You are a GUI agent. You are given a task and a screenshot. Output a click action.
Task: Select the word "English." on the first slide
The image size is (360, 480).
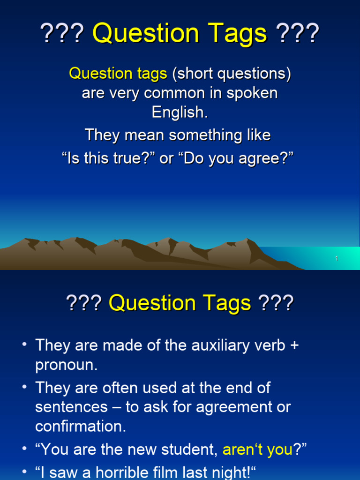click(x=180, y=112)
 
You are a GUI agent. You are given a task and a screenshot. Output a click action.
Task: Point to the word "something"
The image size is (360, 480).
click(x=210, y=135)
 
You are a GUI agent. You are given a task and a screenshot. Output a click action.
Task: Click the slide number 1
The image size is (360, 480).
click(x=337, y=259)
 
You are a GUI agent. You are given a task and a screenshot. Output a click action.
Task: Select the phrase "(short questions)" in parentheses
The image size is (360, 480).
click(x=231, y=74)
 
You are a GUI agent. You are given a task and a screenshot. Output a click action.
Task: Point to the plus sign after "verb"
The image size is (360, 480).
click(x=294, y=346)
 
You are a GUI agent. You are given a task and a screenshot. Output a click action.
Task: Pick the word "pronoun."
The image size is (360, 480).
click(x=67, y=365)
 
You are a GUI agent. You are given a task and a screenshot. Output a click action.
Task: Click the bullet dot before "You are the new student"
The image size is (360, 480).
click(x=24, y=449)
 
